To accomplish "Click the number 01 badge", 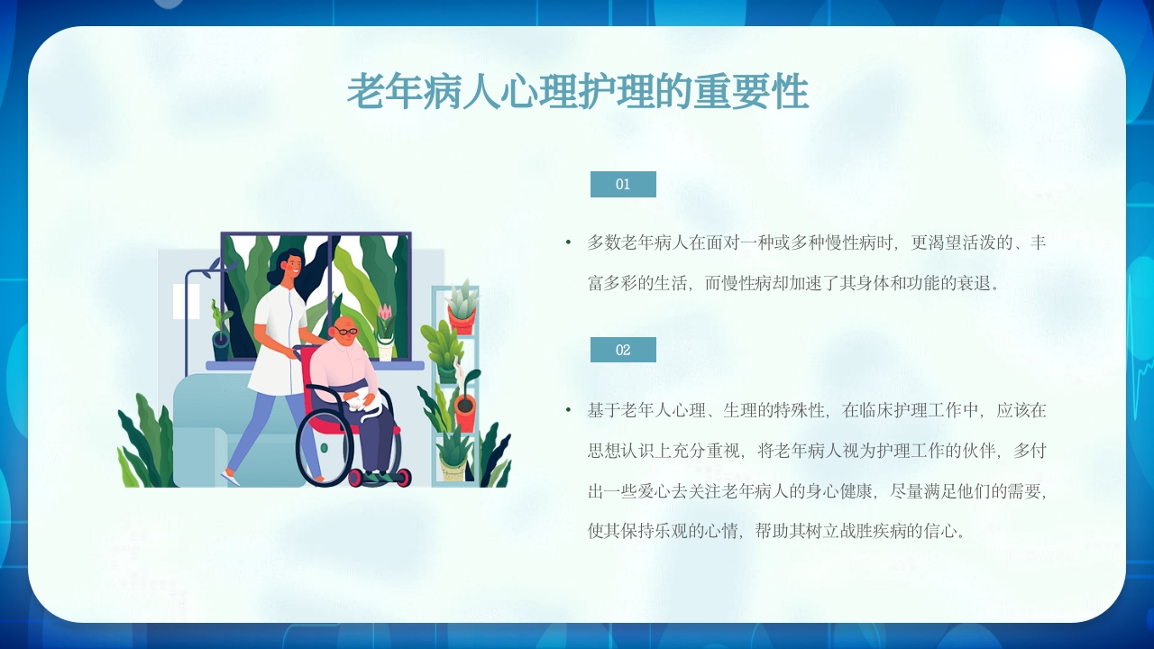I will (x=623, y=184).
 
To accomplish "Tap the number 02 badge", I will (x=623, y=350).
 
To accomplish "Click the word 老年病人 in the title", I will (x=406, y=92).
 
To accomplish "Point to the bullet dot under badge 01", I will (x=568, y=242).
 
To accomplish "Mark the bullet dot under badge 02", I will (x=568, y=410).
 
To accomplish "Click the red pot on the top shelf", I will (x=462, y=320).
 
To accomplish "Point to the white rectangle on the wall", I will (x=186, y=300).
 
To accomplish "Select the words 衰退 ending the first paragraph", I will (x=968, y=283).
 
